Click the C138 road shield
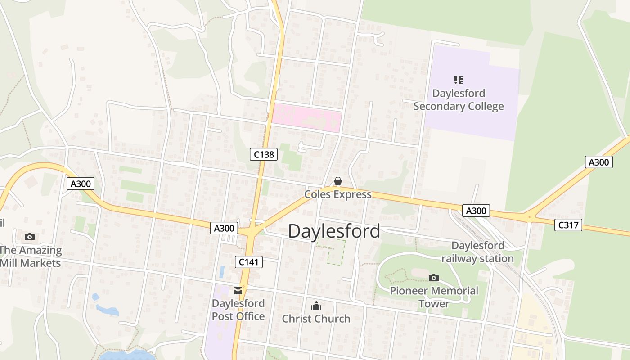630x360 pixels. coord(264,154)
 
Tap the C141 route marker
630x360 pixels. coord(249,261)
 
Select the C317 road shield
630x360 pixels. coord(568,225)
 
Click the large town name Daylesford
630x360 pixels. coord(334,231)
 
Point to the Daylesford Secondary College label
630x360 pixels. coord(458,100)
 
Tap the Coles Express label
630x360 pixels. coord(338,194)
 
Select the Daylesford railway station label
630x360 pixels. coord(477,252)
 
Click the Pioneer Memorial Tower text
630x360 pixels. coord(434,297)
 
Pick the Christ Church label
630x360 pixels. coord(316,319)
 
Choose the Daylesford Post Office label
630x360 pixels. coord(238,310)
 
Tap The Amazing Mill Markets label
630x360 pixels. coord(31,256)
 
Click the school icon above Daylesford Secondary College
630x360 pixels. coord(458,81)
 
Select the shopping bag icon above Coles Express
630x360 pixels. coord(337,181)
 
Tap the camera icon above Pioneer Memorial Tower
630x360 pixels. coord(434,278)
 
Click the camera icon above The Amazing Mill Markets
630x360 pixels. coord(30,237)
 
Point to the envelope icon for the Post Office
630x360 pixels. coord(238,291)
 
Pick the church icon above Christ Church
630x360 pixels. coord(316,306)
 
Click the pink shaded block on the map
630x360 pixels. coord(306,118)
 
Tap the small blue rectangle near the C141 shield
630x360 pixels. coord(222,271)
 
